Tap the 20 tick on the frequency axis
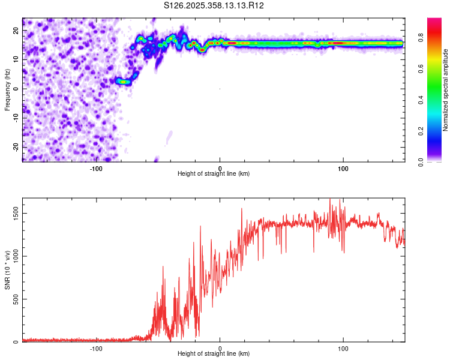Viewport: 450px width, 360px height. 16,30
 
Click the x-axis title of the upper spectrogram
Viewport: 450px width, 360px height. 214,174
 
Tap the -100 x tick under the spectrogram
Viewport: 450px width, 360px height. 96,168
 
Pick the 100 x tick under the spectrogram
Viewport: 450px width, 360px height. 343,168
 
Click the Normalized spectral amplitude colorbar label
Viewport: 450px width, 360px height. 446,90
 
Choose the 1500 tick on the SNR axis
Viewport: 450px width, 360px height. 13,213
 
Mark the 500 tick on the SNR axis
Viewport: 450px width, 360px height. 14,299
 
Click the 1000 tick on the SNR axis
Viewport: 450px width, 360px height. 13,256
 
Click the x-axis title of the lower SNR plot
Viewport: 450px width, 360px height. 214,354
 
